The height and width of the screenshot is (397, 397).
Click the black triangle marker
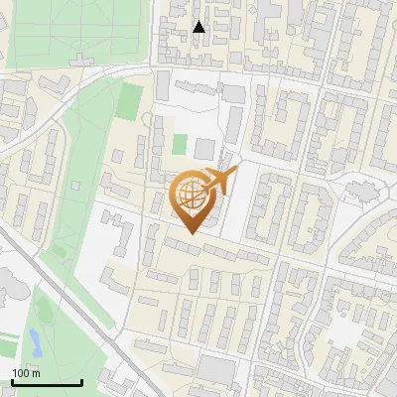(198, 27)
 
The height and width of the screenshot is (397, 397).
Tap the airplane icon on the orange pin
(218, 181)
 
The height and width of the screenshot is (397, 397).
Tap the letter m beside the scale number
(37, 372)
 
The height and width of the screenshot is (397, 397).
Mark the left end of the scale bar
(12, 382)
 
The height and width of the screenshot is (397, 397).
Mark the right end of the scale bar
(81, 382)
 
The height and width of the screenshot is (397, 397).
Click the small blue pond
(35, 342)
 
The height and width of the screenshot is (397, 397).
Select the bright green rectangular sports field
(130, 99)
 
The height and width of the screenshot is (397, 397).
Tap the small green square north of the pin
(179, 144)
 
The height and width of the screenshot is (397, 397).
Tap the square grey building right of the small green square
(203, 149)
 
